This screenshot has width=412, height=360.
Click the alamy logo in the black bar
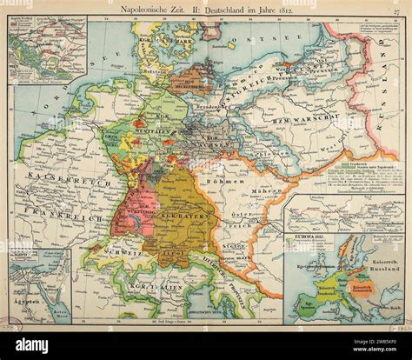click(35, 344)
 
